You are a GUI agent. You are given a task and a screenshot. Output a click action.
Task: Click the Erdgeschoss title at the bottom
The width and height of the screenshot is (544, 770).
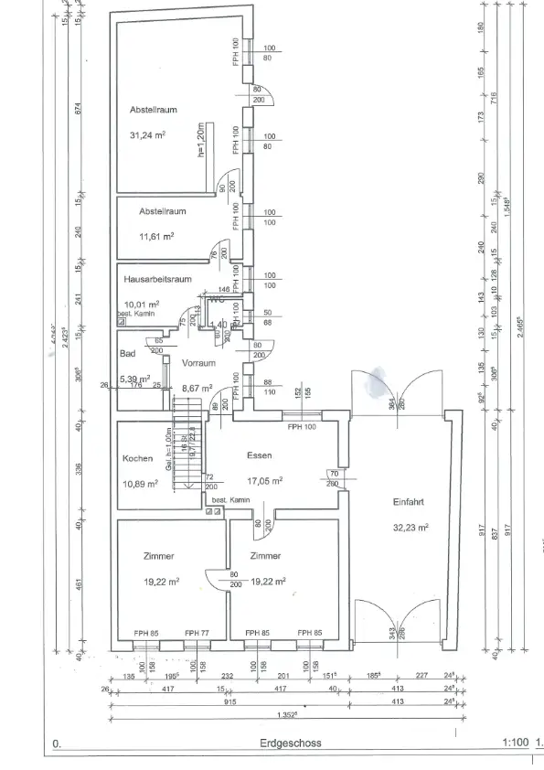coord(286,744)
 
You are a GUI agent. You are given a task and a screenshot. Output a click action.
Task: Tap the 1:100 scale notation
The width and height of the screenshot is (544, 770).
coord(515,744)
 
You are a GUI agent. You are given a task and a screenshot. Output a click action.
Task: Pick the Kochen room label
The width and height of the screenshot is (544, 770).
coord(138,459)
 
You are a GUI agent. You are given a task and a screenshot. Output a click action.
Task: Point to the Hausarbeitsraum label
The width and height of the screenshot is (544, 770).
coord(158,280)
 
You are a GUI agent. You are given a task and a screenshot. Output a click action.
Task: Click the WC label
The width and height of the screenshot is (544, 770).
coord(217,299)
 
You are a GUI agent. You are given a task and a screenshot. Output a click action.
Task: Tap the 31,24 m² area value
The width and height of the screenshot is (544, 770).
coord(147,134)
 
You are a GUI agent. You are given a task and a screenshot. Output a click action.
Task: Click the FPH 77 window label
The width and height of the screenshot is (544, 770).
coord(197,633)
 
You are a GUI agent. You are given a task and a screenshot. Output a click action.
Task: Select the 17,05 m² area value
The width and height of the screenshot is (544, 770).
coord(263,479)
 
